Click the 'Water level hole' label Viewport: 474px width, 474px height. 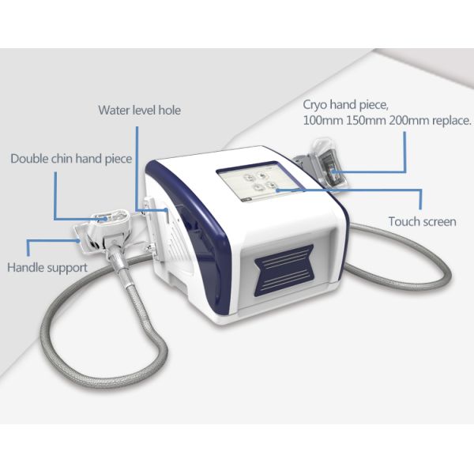(x=139, y=110)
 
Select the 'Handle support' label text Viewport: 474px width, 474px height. (x=47, y=267)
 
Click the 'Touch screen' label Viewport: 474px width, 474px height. (x=421, y=221)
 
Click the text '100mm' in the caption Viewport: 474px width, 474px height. (x=322, y=122)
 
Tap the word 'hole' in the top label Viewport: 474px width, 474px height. (x=168, y=110)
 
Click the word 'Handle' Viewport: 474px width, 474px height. (x=26, y=267)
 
